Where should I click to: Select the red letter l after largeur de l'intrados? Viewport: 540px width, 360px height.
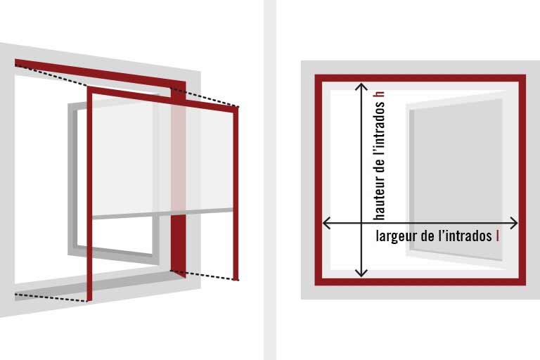pos(497,236)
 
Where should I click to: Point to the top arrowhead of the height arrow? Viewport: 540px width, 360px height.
pos(361,86)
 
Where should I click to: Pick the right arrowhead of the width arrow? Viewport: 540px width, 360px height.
pos(514,223)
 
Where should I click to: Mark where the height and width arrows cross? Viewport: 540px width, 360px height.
pos(361,223)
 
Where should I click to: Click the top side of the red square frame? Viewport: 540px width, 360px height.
pos(420,78)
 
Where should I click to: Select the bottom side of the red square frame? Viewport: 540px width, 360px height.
pos(420,281)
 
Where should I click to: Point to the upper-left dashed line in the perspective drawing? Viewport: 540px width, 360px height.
pos(51,75)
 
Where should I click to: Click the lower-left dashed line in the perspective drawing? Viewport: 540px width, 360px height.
pos(51,298)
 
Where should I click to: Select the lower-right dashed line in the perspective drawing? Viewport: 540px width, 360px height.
pos(205,276)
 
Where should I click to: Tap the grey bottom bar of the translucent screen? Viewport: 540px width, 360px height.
pos(162,214)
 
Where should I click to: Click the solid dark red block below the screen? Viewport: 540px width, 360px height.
pos(179,245)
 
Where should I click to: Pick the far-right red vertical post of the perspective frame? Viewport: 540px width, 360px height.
pos(236,193)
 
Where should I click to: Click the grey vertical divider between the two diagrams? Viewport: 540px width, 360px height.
pos(270,180)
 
